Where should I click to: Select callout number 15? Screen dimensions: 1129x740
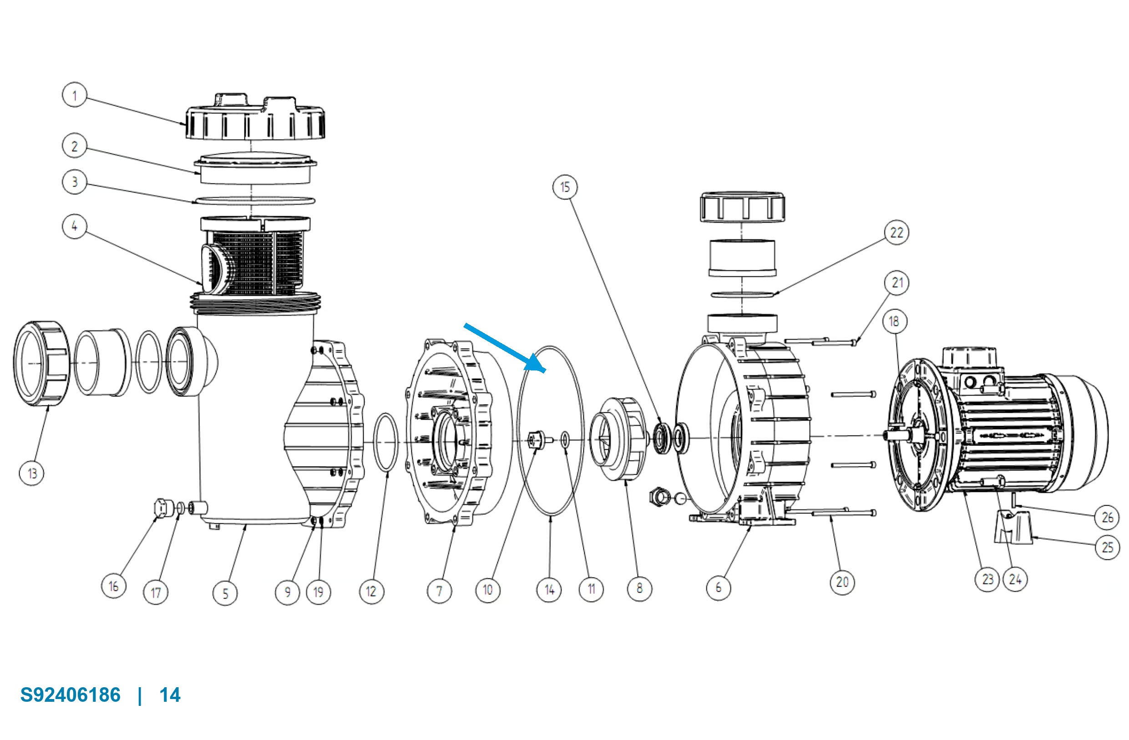click(565, 187)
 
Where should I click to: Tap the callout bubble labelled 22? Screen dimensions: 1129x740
click(896, 233)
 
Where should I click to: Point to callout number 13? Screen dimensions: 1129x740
click(32, 473)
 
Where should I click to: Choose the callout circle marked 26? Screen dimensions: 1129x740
click(1108, 517)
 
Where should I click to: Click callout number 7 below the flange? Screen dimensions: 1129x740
click(439, 591)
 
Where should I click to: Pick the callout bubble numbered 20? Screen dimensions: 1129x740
click(842, 582)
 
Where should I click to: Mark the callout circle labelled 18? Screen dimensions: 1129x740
click(895, 321)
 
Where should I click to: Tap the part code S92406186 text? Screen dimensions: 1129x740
click(71, 695)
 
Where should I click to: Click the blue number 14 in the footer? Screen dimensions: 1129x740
click(170, 695)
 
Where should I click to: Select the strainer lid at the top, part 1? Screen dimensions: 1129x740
click(255, 117)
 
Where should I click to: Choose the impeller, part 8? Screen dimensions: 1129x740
click(618, 439)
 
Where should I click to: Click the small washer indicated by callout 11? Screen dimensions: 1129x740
click(565, 440)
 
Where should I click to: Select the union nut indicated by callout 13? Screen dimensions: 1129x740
click(42, 363)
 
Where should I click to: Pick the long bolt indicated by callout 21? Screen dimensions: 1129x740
click(820, 341)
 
